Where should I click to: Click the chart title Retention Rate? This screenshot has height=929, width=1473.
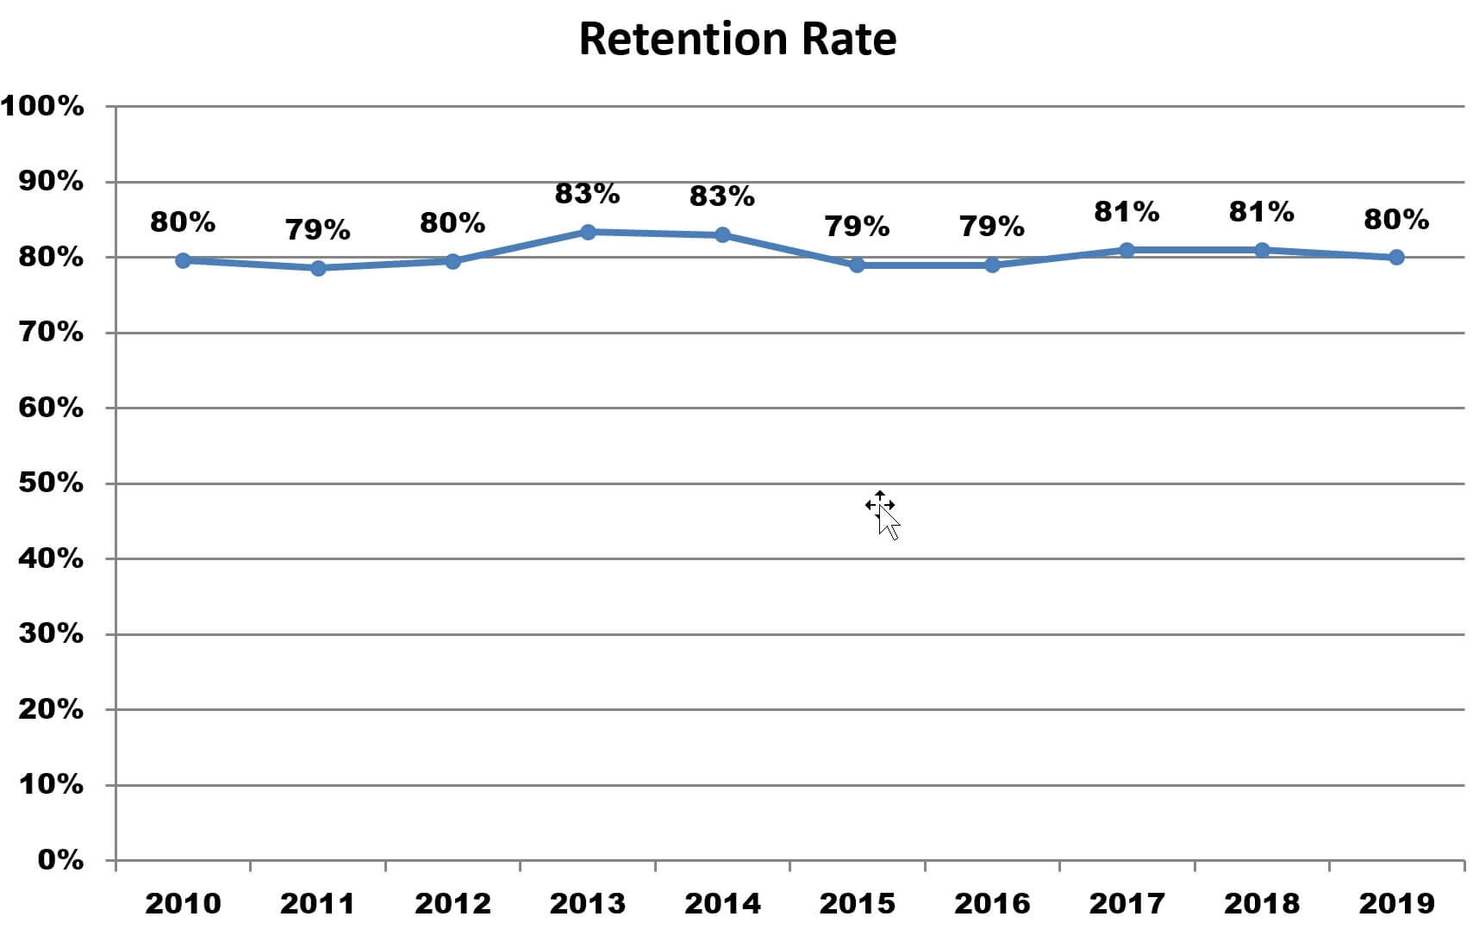[x=737, y=40]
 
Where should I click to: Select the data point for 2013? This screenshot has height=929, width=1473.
[x=588, y=232]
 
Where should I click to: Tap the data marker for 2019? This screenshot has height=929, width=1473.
[x=1396, y=257]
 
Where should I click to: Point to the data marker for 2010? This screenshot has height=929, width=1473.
[x=183, y=260]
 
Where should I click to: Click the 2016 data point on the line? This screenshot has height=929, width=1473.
[x=992, y=265]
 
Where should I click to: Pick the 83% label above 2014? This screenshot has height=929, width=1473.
[x=722, y=196]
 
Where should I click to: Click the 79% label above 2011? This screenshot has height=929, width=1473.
[x=318, y=230]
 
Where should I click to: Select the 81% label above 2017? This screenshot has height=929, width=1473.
[x=1127, y=212]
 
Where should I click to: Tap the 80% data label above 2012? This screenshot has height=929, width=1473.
[x=453, y=223]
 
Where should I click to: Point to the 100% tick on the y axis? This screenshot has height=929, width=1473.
[x=43, y=107]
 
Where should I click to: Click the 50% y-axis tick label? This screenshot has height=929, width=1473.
[x=51, y=483]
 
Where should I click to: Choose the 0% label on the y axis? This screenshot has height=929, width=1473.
[x=60, y=860]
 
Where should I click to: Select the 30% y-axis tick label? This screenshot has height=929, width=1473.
[x=51, y=634]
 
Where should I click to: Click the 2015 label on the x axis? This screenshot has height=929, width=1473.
[x=857, y=903]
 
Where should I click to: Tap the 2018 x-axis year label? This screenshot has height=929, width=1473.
[x=1262, y=903]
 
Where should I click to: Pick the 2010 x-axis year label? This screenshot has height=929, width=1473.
[x=183, y=903]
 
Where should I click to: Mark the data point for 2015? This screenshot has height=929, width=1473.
[x=857, y=265]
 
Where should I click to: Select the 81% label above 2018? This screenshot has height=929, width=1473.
[x=1262, y=212]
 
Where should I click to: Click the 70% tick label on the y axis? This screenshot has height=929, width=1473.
[x=51, y=333]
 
